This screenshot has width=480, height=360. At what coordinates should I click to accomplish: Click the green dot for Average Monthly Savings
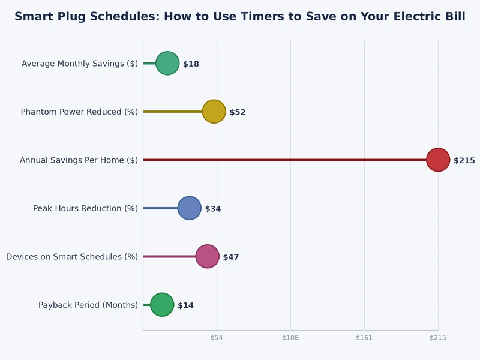(x=167, y=63)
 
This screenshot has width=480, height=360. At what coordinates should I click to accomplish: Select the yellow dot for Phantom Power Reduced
(x=214, y=112)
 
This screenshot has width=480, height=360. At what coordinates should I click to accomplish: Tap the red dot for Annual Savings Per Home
(x=438, y=160)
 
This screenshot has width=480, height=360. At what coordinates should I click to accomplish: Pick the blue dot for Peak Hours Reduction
(x=190, y=208)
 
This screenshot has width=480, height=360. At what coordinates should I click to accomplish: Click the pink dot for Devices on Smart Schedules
(x=207, y=256)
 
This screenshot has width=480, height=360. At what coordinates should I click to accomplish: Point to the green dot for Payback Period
(x=162, y=305)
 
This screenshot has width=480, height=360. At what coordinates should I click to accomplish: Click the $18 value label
(x=191, y=64)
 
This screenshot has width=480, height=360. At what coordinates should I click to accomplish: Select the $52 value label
(x=238, y=112)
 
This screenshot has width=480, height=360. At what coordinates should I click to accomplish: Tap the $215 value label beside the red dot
(x=464, y=160)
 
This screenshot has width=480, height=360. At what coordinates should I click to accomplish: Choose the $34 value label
(x=213, y=209)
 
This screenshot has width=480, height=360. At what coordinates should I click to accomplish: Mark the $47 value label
(x=231, y=257)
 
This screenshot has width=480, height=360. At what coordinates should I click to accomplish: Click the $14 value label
(x=185, y=305)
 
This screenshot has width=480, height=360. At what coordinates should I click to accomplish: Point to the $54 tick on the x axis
(x=217, y=338)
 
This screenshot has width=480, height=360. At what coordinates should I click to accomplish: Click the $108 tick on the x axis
(x=290, y=338)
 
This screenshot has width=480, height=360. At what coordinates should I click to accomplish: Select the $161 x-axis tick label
(x=364, y=338)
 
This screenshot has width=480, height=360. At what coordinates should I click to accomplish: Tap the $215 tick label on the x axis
(x=438, y=338)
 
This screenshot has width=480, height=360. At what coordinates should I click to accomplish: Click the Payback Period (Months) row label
(x=88, y=305)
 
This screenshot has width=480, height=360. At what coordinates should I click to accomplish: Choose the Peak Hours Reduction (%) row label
(x=85, y=208)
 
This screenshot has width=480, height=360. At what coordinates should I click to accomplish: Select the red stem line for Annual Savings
(x=282, y=160)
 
